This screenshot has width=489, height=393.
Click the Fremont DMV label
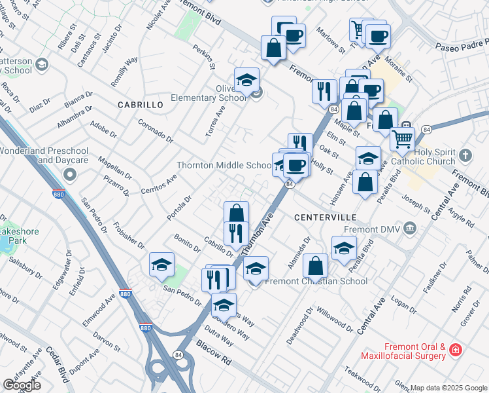(x=373, y=230)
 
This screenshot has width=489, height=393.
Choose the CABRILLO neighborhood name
(x=140, y=105)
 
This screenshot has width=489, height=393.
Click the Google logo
(x=22, y=384)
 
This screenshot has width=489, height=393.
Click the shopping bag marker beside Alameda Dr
(x=315, y=267)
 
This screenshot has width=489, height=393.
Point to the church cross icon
(x=465, y=156)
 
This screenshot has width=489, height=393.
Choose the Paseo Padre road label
(x=462, y=46)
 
